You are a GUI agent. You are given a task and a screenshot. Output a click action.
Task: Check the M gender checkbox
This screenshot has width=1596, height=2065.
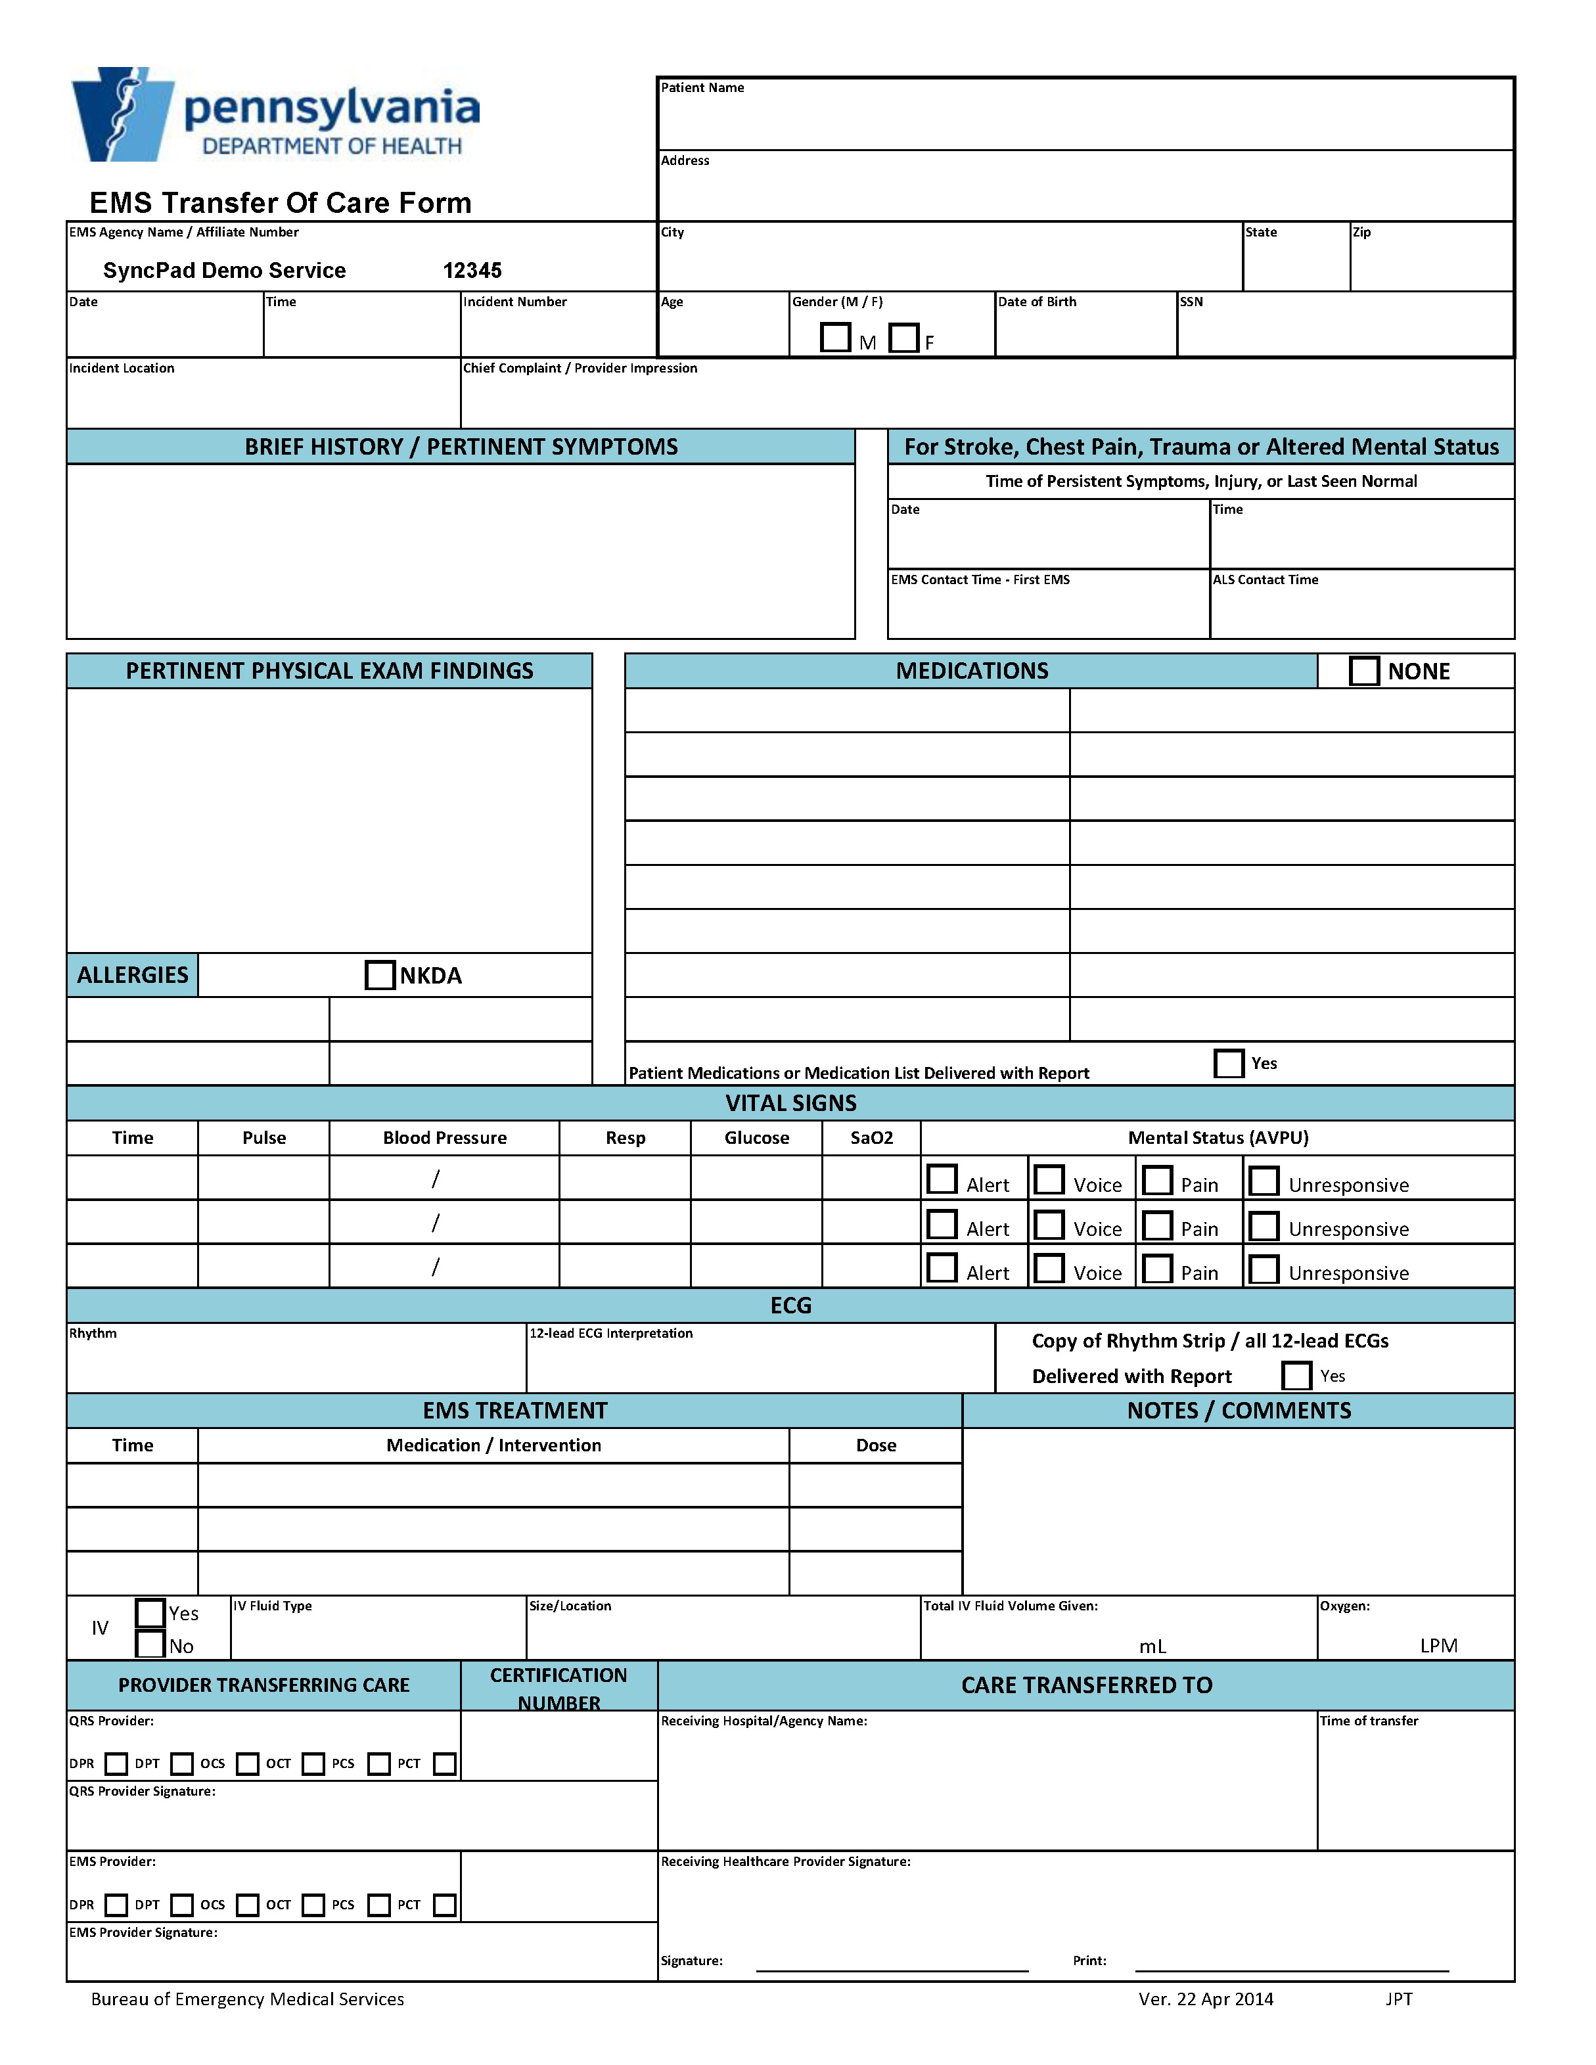pos(835,338)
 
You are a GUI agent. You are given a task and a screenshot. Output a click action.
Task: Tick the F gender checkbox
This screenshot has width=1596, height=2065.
pos(904,338)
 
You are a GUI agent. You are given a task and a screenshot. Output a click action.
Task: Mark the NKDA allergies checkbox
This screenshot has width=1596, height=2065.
pos(380,975)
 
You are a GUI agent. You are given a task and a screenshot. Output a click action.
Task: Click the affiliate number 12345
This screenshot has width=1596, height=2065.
pos(472,271)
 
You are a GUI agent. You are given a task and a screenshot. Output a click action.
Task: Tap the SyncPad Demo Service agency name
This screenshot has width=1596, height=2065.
pos(224,271)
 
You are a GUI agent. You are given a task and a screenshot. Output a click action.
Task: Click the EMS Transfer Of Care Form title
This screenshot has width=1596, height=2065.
pos(280,202)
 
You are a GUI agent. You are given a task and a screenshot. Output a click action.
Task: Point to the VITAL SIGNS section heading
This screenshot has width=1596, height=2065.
pos(790,1102)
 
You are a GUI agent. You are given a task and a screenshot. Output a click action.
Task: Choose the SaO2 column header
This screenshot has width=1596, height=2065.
pos(871,1137)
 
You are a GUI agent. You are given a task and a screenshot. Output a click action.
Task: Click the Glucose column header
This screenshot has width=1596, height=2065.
pos(756,1137)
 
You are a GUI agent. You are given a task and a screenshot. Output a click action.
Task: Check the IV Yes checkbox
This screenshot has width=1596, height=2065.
pos(150,1612)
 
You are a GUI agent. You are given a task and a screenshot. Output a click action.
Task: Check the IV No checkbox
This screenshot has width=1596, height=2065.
pos(150,1645)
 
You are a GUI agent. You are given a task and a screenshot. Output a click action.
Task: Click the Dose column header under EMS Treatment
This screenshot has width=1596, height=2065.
pos(875,1445)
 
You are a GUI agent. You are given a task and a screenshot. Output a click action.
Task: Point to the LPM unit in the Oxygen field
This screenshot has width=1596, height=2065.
pos(1438,1645)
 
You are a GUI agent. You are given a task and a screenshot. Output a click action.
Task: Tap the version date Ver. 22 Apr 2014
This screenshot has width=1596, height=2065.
pos(1206,1999)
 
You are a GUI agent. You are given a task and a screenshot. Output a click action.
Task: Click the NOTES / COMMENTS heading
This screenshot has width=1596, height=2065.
pos(1239,1410)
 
